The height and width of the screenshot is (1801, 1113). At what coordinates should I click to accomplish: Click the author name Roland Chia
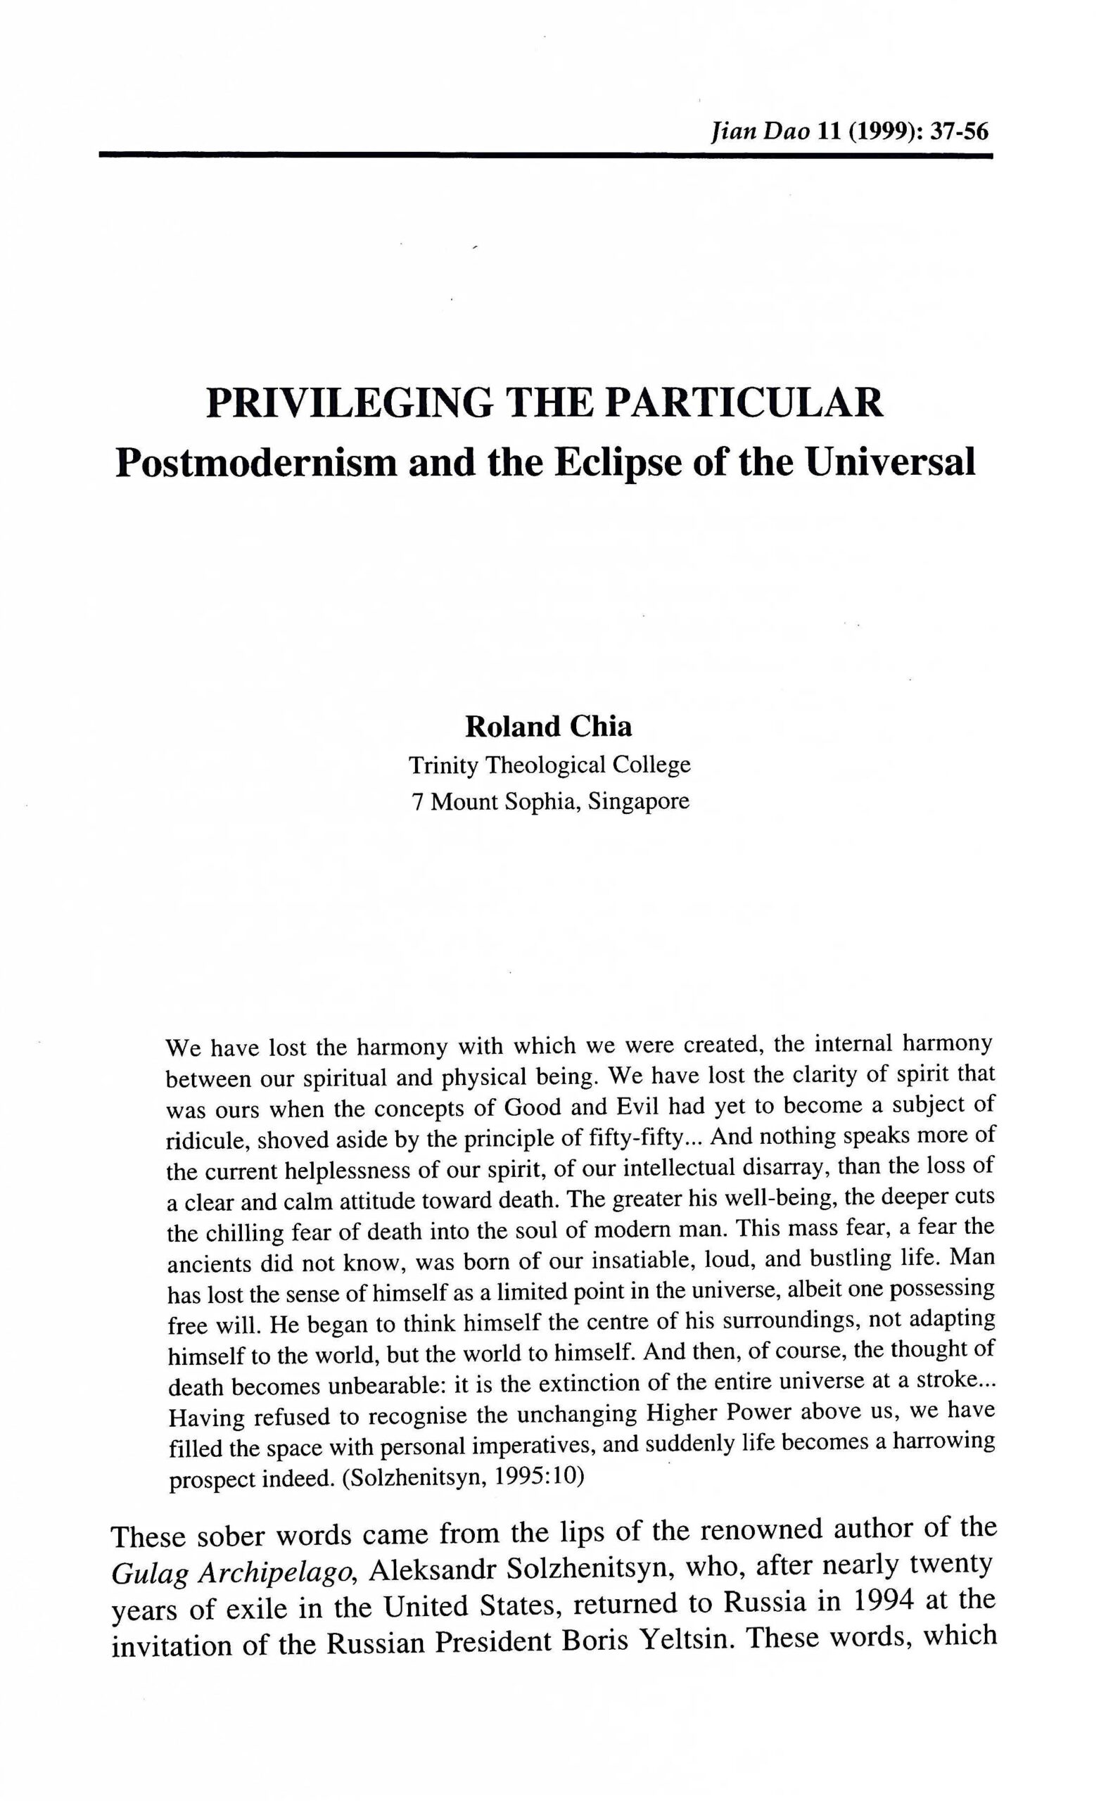pyautogui.click(x=548, y=727)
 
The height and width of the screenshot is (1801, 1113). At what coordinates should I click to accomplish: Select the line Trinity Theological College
pyautogui.click(x=550, y=765)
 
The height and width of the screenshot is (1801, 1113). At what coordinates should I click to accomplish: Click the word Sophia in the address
pyautogui.click(x=545, y=801)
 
